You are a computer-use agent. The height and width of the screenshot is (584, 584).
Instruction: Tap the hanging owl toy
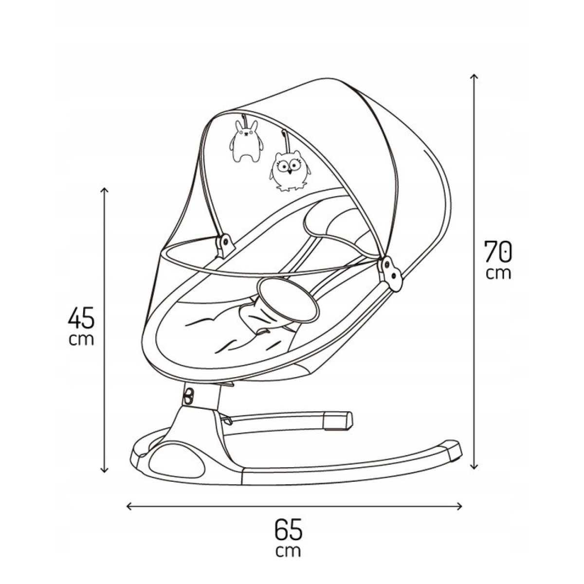(x=290, y=170)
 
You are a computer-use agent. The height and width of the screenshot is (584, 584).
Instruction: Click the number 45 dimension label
(x=81, y=318)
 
